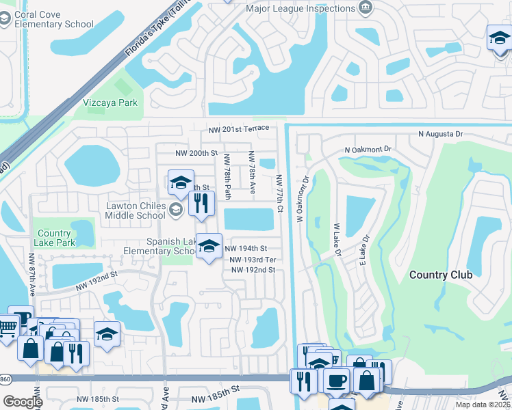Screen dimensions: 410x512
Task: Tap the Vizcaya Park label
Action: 110,102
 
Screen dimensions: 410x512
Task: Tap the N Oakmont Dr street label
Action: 368,149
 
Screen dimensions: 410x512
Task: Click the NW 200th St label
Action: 196,154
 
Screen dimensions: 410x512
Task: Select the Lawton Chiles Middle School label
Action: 136,210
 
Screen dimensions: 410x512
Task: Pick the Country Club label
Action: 441,275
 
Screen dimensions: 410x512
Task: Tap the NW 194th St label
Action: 246,249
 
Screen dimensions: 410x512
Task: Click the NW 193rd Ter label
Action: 253,260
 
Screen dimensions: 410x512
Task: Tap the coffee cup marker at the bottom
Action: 336,381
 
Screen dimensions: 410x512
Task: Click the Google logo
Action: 23,402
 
